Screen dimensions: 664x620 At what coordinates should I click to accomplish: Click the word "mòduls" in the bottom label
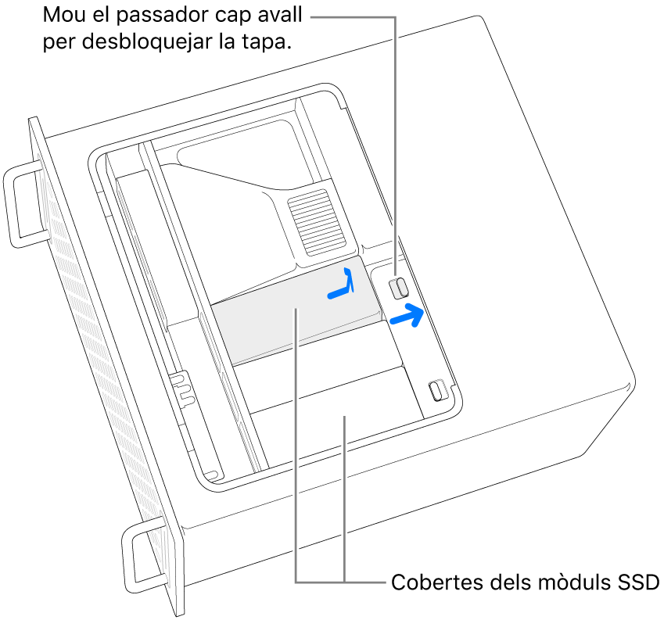coord(575,582)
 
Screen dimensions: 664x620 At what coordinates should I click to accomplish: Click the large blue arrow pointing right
coord(407,315)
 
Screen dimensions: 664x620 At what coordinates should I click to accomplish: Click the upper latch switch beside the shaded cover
coord(399,288)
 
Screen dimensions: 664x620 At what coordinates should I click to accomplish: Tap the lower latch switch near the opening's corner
coord(438,390)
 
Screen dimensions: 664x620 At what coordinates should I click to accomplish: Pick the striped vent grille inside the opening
coord(315,223)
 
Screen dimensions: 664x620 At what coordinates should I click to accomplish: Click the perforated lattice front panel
coord(106,364)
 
